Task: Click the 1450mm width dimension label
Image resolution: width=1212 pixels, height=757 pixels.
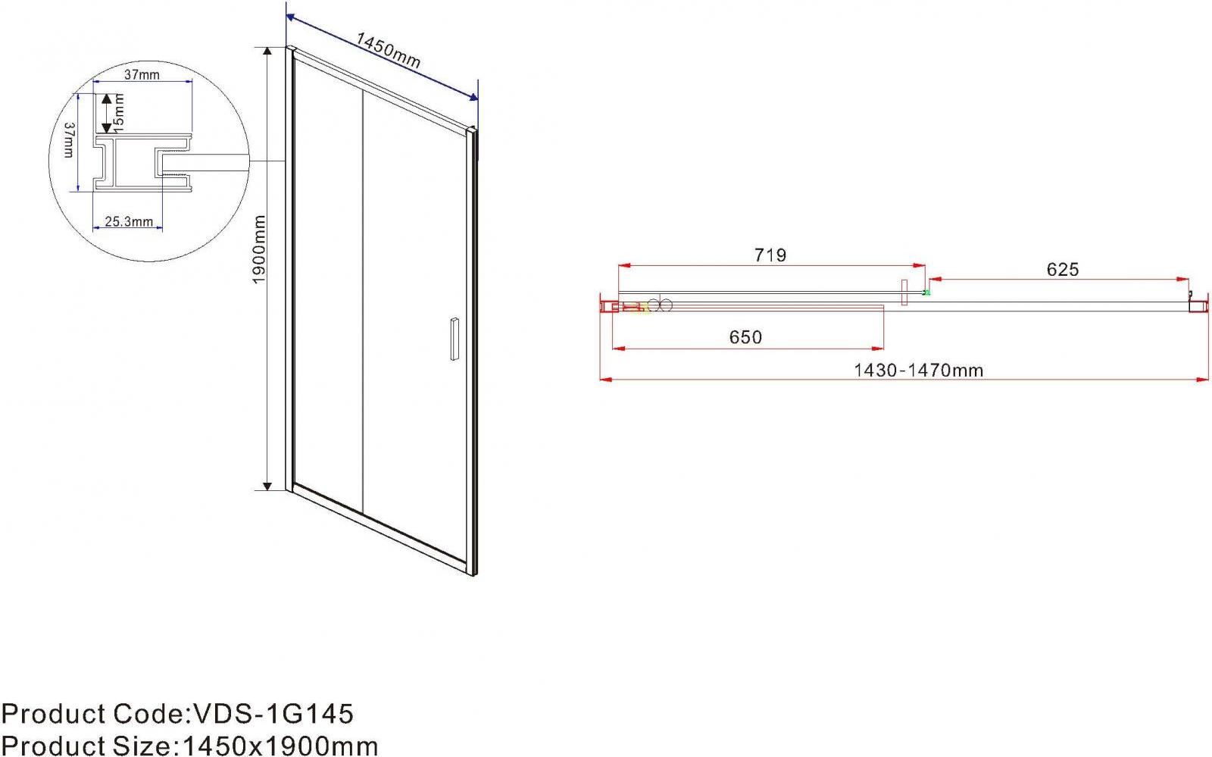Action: click(x=388, y=50)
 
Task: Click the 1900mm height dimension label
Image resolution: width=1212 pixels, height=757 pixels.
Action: click(x=259, y=249)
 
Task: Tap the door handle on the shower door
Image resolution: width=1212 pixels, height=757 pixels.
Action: click(x=454, y=339)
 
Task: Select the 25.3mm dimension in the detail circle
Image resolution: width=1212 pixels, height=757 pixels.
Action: click(x=129, y=221)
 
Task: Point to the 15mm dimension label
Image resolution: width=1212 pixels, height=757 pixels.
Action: click(x=120, y=112)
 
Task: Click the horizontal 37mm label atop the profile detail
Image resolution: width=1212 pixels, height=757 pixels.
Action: click(x=142, y=75)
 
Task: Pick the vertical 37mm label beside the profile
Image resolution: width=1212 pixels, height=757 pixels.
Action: click(x=69, y=139)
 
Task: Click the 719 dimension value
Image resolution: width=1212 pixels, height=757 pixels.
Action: click(x=770, y=255)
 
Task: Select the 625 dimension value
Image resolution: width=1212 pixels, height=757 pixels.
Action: click(x=1063, y=270)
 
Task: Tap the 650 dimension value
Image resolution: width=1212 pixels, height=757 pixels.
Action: click(x=745, y=337)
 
